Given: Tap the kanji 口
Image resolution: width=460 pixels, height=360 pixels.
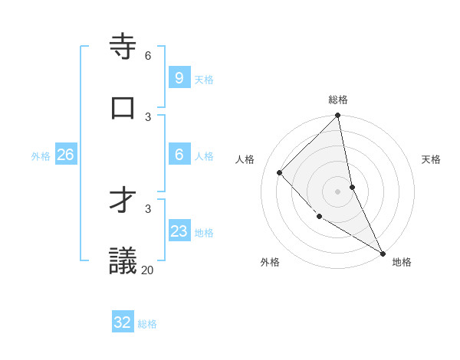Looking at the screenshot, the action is coord(123,108).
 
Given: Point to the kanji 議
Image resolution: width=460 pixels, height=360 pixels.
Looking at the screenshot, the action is coord(123,260).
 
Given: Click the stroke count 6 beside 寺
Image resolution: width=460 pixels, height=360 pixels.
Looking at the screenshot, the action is coord(148,55).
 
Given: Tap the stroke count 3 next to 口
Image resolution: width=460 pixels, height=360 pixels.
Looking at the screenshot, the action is coord(148,116).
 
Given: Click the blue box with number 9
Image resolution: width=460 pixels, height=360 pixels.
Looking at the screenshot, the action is coord(179,78).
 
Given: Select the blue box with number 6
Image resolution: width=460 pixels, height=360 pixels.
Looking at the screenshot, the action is coord(179,155).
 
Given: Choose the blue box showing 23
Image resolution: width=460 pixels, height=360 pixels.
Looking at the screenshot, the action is coord(179,231).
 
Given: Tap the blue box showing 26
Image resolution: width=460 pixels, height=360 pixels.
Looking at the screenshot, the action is coord(65,155).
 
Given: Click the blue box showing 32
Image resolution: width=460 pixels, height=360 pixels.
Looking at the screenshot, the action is coord(123,322).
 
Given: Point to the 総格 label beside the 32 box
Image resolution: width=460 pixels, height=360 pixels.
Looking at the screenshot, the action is coord(147,324).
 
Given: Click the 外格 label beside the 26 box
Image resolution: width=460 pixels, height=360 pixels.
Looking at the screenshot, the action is coord(41,156).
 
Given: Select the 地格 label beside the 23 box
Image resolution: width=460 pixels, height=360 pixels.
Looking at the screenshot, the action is coord(204,233).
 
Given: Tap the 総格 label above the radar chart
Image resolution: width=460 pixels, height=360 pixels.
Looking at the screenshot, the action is coord(338,100).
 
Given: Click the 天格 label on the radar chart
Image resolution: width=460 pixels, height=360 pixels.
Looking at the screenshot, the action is coord(431,159).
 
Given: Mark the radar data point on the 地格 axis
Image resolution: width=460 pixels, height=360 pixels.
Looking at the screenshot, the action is coord(382,252).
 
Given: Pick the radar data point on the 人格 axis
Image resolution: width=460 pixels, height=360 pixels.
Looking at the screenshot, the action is coord(279,172).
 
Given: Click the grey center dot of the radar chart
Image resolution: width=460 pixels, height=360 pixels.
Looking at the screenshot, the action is coord(337,191).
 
